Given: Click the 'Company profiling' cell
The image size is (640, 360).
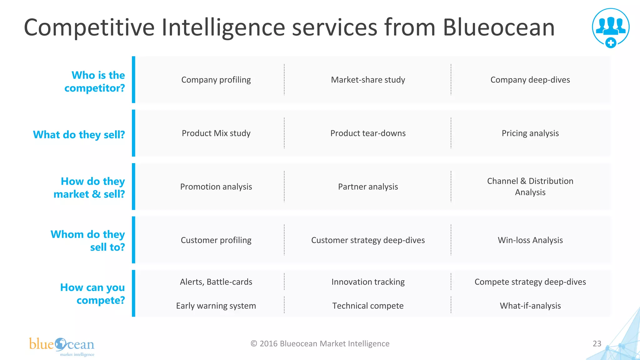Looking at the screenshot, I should point(216,80).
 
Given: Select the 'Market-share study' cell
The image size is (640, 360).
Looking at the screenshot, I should point(368,80).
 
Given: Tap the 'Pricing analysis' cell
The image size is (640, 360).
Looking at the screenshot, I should point(530,133).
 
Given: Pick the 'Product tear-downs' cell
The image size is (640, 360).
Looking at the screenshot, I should point(368,133).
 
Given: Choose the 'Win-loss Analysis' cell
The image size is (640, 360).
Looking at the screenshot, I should point(530,240).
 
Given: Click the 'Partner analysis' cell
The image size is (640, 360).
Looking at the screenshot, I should point(368,187).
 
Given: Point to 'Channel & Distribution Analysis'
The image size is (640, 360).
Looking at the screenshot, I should point(530,187).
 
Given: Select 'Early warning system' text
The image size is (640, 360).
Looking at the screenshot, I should point(216,306).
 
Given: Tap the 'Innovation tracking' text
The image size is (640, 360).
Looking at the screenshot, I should point(368,282).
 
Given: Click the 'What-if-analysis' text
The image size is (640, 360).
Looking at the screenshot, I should point(530,306).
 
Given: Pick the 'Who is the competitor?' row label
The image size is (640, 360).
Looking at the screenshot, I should point(95,82).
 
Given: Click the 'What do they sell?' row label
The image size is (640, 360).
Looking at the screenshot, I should point(79,135).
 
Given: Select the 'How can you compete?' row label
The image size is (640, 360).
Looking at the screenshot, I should point(93,294).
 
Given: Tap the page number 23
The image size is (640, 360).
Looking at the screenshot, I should point(597,344).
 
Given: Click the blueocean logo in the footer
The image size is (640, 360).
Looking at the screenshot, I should point(62,346).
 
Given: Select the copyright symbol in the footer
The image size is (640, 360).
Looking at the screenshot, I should point(254,344).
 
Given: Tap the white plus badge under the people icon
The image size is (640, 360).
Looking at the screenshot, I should point(611,43).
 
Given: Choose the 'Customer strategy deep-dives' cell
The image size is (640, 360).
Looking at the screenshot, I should point(368,240).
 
